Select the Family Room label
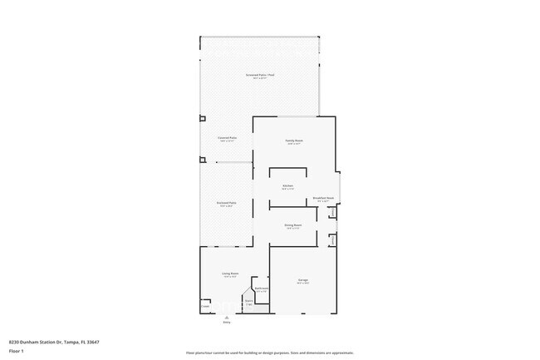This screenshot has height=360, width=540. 294,141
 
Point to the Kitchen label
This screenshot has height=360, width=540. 287,186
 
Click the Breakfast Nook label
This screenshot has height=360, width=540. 323,199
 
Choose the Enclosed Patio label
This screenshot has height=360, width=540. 226,205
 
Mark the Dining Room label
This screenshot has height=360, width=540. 292,225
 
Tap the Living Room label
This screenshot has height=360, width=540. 230,274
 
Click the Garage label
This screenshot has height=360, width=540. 303,281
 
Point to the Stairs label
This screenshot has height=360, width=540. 248,303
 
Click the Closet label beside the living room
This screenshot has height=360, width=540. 205,306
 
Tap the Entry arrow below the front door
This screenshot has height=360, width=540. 225,317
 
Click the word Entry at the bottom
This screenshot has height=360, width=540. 225,323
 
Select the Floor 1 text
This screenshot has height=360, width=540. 16,351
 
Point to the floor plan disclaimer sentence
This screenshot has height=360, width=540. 269,353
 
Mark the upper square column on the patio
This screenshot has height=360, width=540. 202,119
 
